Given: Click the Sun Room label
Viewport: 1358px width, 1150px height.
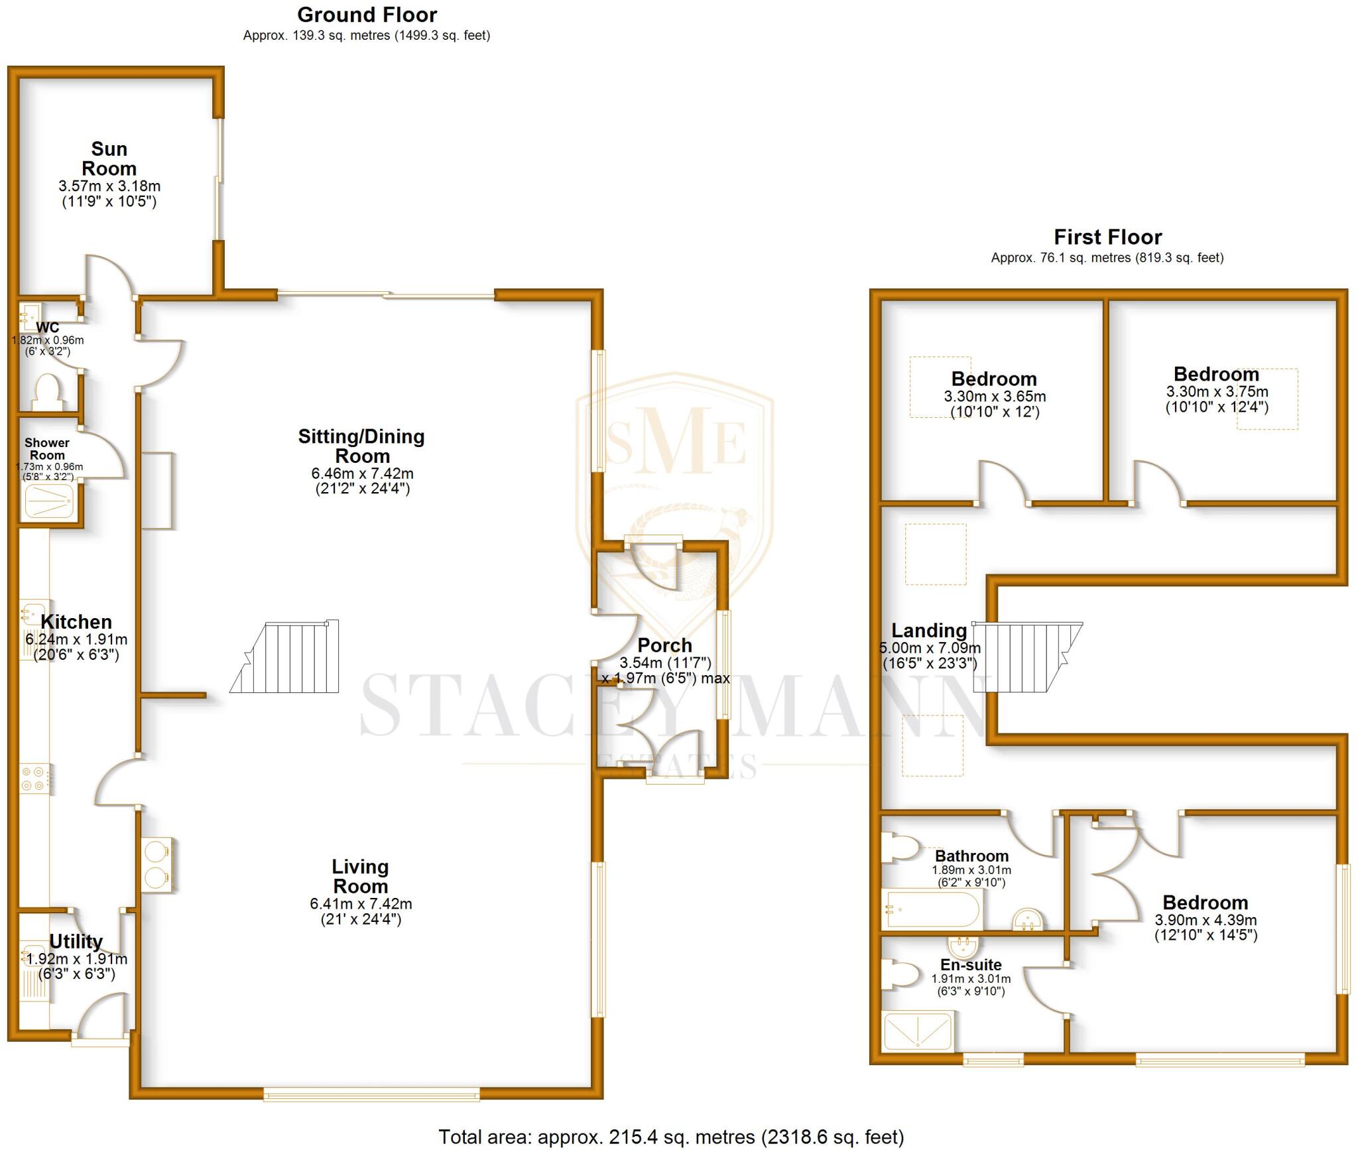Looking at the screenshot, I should pyautogui.click(x=109, y=159).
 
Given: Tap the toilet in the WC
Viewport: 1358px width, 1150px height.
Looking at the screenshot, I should pyautogui.click(x=47, y=391).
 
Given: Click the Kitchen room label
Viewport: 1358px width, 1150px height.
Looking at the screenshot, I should pyautogui.click(x=76, y=622).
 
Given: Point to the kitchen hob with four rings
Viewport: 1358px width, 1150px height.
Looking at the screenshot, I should pyautogui.click(x=33, y=779).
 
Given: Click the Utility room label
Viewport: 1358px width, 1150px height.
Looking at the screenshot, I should pyautogui.click(x=76, y=942).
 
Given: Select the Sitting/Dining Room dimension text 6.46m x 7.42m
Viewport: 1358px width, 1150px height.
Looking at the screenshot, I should pyautogui.click(x=362, y=474).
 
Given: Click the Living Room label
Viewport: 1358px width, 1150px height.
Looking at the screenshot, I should pyautogui.click(x=361, y=876).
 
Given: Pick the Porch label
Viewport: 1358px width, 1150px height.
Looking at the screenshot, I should pyautogui.click(x=664, y=645).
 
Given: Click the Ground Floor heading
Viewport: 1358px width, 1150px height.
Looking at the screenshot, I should pyautogui.click(x=367, y=15).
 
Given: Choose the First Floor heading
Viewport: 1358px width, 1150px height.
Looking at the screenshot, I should pyautogui.click(x=1107, y=237).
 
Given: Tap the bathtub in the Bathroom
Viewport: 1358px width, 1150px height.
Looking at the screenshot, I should pyautogui.click(x=932, y=909).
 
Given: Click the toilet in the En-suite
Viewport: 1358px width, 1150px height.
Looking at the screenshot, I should pyautogui.click(x=898, y=974).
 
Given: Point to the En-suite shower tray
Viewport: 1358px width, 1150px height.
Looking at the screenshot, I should pyautogui.click(x=918, y=1031).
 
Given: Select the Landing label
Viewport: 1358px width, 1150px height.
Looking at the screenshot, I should pyautogui.click(x=928, y=630).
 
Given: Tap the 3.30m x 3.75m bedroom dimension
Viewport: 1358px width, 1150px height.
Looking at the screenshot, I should pyautogui.click(x=1217, y=391).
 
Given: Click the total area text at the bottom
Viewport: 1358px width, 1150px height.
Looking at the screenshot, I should pyautogui.click(x=671, y=1137).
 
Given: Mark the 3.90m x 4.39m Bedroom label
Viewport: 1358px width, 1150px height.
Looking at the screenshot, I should pyautogui.click(x=1205, y=903).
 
